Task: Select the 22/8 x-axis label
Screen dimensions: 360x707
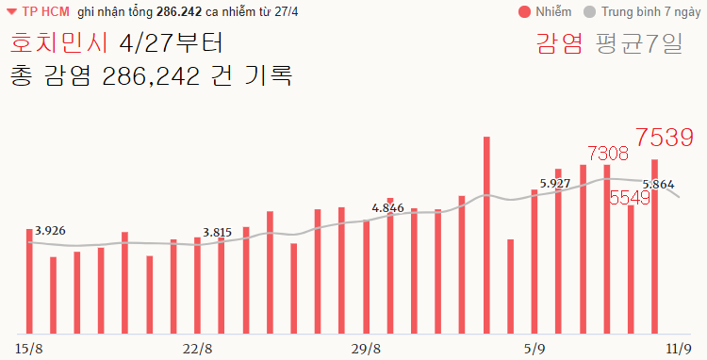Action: pos(197,349)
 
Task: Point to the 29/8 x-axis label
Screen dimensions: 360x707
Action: pos(365,349)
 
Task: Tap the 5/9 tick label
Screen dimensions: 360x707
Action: pos(534,349)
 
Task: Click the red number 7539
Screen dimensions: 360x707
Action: pos(665,138)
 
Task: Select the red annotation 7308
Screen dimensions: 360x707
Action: pos(607,153)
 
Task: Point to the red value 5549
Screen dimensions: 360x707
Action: pos(630,198)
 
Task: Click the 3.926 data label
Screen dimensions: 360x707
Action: pos(49,230)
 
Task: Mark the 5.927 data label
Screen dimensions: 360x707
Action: pos(555,183)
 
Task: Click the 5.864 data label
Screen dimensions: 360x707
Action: pos(658,185)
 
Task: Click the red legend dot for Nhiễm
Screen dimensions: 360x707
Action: pos(524,12)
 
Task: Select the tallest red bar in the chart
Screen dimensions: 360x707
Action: pos(486,235)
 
